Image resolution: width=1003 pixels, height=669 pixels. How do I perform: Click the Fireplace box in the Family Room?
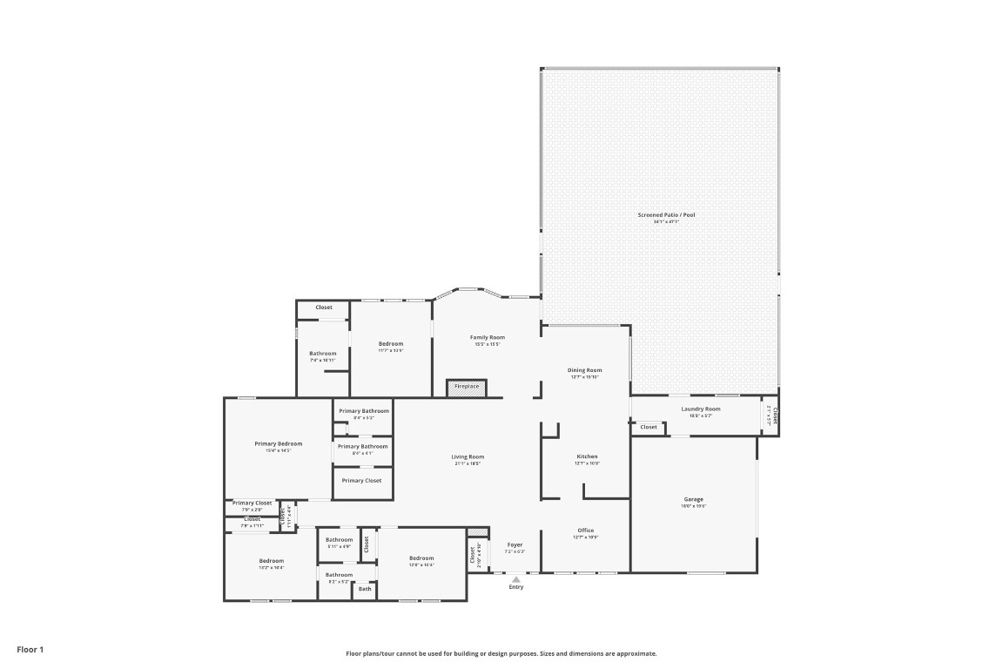coord(467,386)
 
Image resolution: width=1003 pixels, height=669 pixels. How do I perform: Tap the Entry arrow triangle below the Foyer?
coord(516,578)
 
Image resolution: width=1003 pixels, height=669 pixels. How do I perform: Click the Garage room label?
coord(693,500)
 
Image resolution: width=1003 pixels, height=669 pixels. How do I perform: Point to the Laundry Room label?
coord(700,409)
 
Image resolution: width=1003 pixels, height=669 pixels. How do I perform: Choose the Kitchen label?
coord(587,456)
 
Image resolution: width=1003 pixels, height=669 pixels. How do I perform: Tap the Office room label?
coord(586,530)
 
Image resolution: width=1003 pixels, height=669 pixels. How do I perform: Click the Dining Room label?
coord(586,370)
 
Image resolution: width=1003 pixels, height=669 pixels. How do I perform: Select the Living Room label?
coord(468,456)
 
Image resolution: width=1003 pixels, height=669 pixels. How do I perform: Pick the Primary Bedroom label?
coord(278,443)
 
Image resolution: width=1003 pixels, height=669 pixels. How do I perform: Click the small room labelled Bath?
coord(364,590)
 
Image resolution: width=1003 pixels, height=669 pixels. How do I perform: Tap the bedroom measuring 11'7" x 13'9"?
coord(391,344)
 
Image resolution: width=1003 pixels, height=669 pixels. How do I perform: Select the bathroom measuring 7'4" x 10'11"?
coord(322,354)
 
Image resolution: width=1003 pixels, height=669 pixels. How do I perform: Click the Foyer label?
coord(515,544)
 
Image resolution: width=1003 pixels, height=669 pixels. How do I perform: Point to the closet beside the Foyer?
coord(474,555)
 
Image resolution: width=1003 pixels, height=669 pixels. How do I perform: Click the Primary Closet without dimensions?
coord(361,480)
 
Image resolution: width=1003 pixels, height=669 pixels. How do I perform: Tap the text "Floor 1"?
coord(30,649)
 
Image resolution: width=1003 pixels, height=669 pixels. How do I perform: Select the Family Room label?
coord(488,337)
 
